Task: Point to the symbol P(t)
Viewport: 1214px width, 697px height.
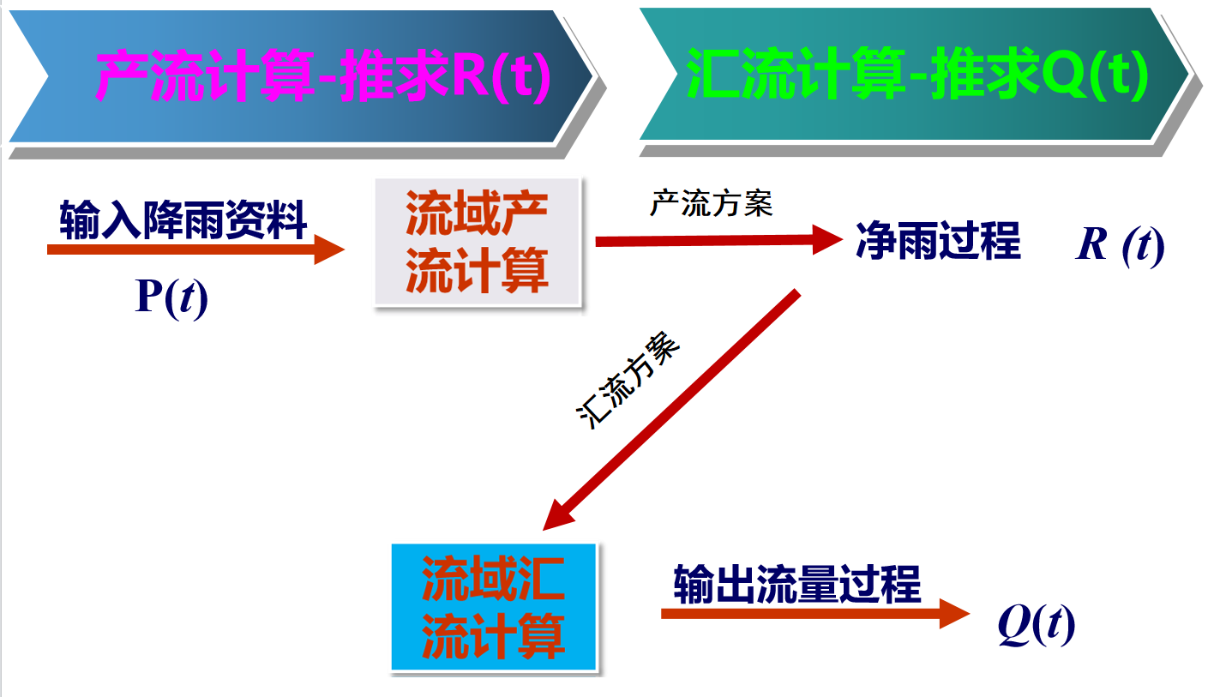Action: (x=171, y=298)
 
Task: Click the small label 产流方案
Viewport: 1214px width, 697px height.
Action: (x=712, y=204)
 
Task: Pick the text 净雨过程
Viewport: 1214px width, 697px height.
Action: (x=938, y=241)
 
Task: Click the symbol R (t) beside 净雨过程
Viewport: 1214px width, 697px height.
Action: (x=1120, y=245)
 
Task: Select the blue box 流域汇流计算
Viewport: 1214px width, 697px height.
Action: (x=494, y=607)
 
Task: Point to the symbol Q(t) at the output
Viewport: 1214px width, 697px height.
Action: (x=1036, y=627)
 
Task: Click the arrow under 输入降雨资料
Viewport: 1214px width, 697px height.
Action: (x=195, y=249)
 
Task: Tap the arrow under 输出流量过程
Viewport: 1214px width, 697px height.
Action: (x=814, y=613)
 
